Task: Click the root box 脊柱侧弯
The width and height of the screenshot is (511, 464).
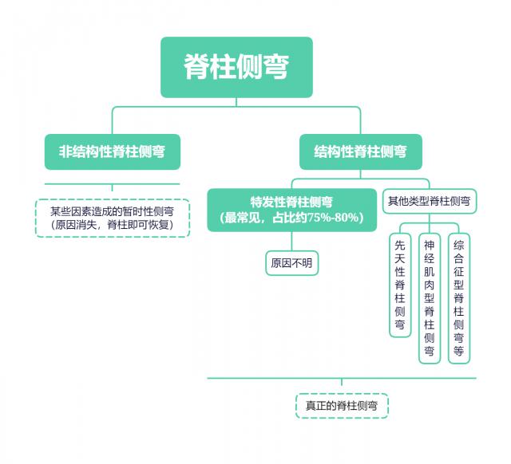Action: tap(236, 67)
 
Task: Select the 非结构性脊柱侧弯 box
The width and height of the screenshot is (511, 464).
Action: tap(113, 151)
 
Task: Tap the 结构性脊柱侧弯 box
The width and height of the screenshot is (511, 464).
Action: tap(360, 151)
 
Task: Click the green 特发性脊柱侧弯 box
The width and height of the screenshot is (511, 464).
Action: tap(291, 210)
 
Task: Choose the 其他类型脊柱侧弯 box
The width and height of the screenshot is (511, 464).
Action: tap(429, 202)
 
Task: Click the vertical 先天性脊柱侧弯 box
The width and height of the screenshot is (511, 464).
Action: tap(400, 286)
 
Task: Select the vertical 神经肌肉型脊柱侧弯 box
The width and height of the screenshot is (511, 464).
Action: tap(429, 298)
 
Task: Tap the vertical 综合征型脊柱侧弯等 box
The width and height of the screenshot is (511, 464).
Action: tap(458, 298)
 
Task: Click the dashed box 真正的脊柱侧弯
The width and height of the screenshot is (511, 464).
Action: tap(341, 406)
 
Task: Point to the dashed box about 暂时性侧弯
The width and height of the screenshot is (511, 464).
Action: tap(113, 218)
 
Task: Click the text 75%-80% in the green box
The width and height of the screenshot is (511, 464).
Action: tap(333, 218)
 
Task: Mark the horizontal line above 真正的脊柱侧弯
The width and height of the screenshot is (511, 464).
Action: tap(341, 378)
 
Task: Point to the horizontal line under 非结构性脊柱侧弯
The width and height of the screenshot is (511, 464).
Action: tap(113, 185)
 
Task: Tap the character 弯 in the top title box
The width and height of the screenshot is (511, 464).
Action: tap(275, 67)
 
